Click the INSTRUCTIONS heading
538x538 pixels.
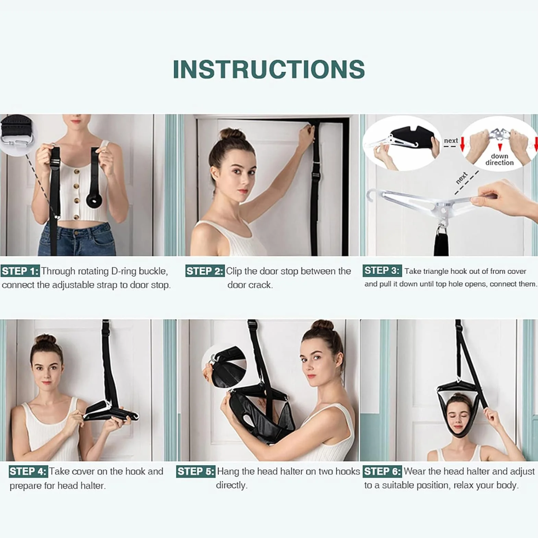click(x=269, y=69)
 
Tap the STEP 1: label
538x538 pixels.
click(x=20, y=271)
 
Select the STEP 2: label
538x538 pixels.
click(x=205, y=271)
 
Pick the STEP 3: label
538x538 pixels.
click(x=382, y=271)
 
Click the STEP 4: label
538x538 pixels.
click(x=28, y=471)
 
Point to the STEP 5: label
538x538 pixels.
click(x=196, y=472)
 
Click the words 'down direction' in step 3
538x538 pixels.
click(x=499, y=159)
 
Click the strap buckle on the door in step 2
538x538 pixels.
click(x=316, y=175)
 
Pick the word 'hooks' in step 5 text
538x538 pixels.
click(x=347, y=471)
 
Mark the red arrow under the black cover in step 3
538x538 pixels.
click(x=463, y=144)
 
